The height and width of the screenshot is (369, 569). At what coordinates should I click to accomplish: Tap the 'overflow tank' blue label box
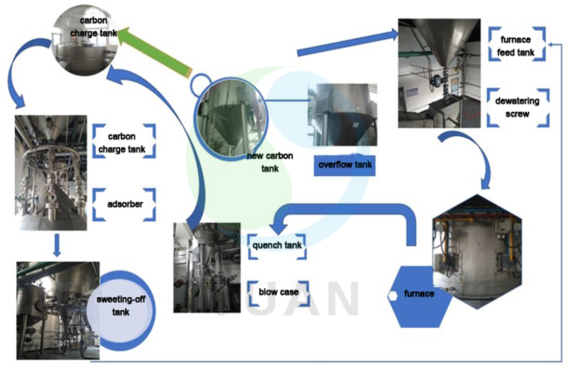pos(345,165)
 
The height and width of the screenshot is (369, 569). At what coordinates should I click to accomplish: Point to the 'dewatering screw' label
pos(518,107)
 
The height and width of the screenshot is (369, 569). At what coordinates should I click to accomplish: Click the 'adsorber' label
pos(125,205)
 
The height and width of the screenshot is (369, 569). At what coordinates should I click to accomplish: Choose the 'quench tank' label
pos(277,245)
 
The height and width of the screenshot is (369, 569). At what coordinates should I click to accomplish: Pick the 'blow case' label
pos(278,292)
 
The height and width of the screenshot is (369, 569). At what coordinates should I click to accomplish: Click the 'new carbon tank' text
pos(269,162)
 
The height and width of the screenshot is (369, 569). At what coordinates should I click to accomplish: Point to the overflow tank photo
pos(342,115)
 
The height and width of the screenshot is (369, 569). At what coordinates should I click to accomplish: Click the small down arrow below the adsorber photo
pos(57,245)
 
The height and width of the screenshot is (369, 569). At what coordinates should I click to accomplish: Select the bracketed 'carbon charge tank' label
pos(122,143)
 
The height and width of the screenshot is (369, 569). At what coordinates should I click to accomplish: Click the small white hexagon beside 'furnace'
pos(393,295)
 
